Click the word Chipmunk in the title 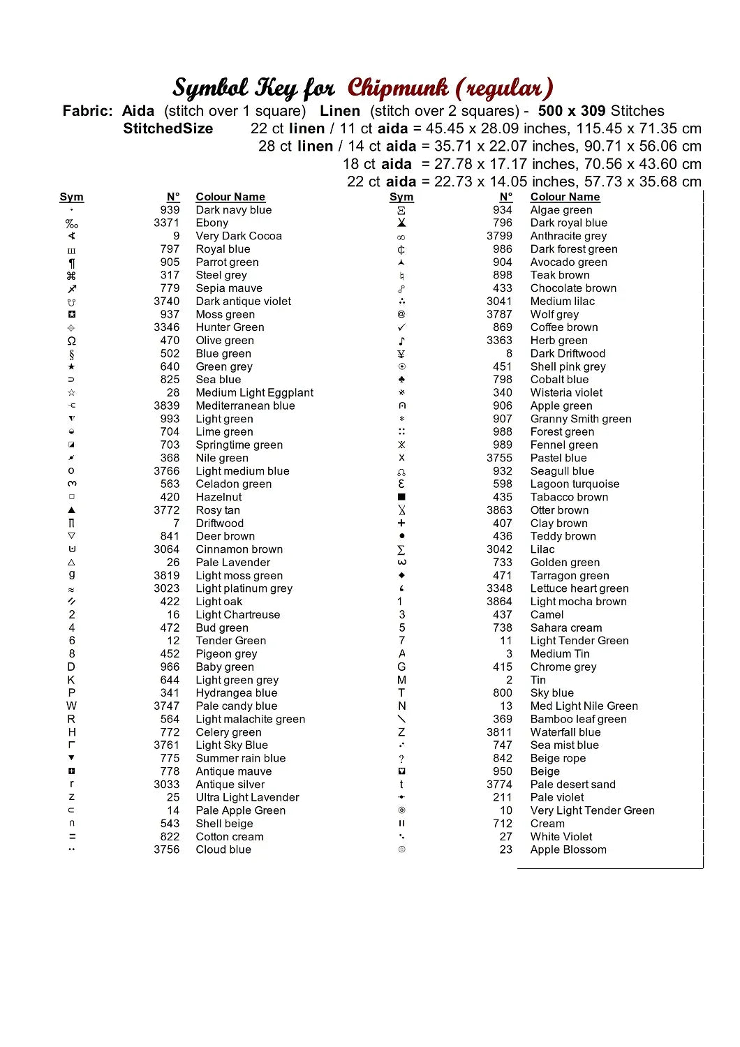[x=397, y=88]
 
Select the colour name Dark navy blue [x=233, y=210]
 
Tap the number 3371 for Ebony [x=166, y=223]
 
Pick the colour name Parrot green [x=227, y=262]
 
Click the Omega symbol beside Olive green [x=71, y=341]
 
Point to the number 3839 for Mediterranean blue [x=166, y=406]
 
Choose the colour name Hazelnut [x=219, y=497]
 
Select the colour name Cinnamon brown [x=239, y=549]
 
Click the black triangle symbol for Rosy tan [x=71, y=510]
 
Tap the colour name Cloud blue [x=223, y=849]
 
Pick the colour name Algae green [x=561, y=210]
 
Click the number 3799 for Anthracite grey [x=499, y=236]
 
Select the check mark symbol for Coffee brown [x=401, y=327]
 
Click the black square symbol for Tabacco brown [x=401, y=497]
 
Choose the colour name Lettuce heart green [x=579, y=588]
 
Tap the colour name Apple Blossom [x=568, y=849]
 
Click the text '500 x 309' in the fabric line [x=572, y=111]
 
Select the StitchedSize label [x=168, y=128]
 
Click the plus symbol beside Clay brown [x=401, y=523]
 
